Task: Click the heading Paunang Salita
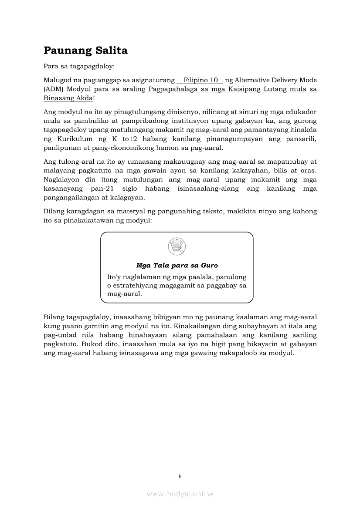tap(85, 51)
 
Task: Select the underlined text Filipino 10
tap(200, 80)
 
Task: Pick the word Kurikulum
tap(75, 139)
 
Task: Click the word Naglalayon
tap(62, 179)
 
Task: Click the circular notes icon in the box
tap(177, 247)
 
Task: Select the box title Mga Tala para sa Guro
tap(177, 265)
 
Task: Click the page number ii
tap(180, 476)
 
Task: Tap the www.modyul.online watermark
tap(180, 494)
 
